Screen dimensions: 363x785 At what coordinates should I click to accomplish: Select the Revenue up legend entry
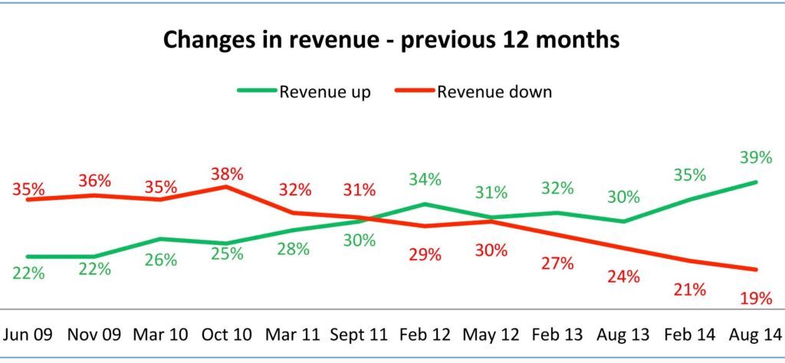[x=325, y=92]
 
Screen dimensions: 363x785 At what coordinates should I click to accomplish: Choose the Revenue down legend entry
[x=494, y=92]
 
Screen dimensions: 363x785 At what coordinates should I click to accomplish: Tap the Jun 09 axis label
[x=28, y=334]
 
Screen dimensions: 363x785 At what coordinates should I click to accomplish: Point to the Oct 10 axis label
[x=228, y=334]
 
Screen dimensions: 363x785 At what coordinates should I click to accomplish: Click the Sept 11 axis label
[x=359, y=334]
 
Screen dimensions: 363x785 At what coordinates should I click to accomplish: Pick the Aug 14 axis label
[x=756, y=334]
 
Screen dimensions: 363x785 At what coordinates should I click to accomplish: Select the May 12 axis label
[x=491, y=334]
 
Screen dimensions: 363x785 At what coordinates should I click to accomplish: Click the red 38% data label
[x=227, y=174]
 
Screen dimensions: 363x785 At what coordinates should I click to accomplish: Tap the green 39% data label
[x=756, y=158]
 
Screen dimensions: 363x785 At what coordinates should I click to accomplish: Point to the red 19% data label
[x=756, y=299]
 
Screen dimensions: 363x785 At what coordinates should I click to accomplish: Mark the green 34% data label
[x=425, y=180]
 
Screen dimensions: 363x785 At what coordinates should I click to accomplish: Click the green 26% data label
[x=161, y=260]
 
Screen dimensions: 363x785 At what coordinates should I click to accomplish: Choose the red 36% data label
[x=94, y=181]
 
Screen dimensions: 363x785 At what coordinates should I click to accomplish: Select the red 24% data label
[x=623, y=277]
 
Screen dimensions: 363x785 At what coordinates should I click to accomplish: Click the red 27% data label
[x=557, y=264]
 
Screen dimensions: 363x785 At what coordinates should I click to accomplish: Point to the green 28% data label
[x=294, y=250]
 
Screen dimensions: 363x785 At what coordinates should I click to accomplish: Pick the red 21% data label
[x=690, y=289]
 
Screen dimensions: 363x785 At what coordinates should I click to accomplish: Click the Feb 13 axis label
[x=557, y=334]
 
